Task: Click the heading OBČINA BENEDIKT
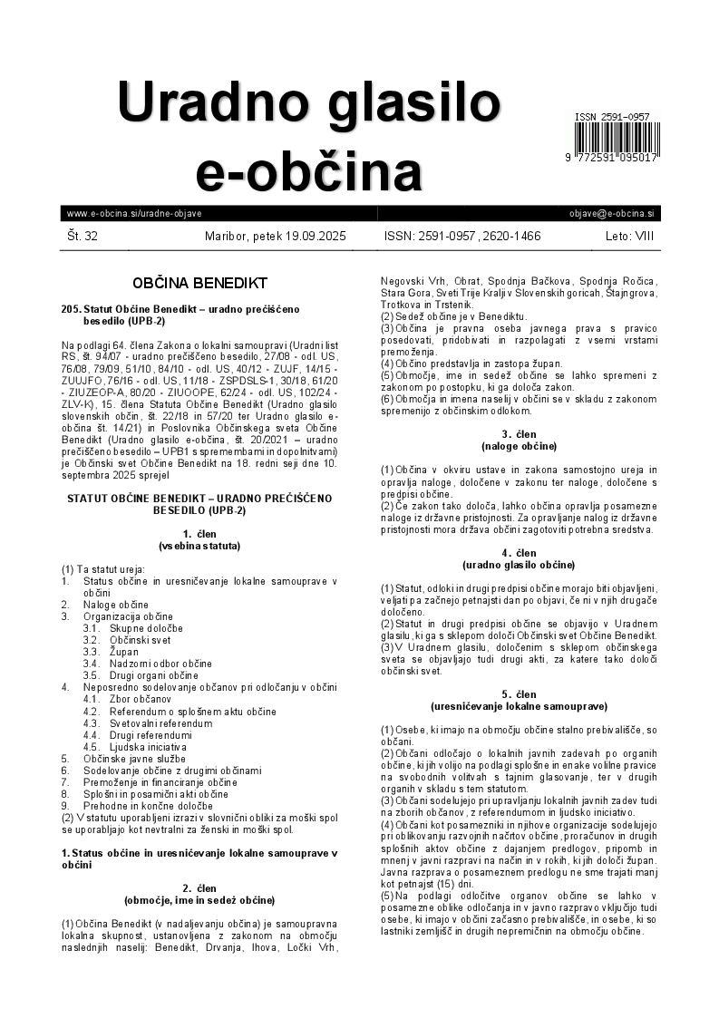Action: pyautogui.click(x=199, y=283)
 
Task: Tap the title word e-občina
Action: pyautogui.click(x=308, y=170)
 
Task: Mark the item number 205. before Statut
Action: pyautogui.click(x=72, y=309)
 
